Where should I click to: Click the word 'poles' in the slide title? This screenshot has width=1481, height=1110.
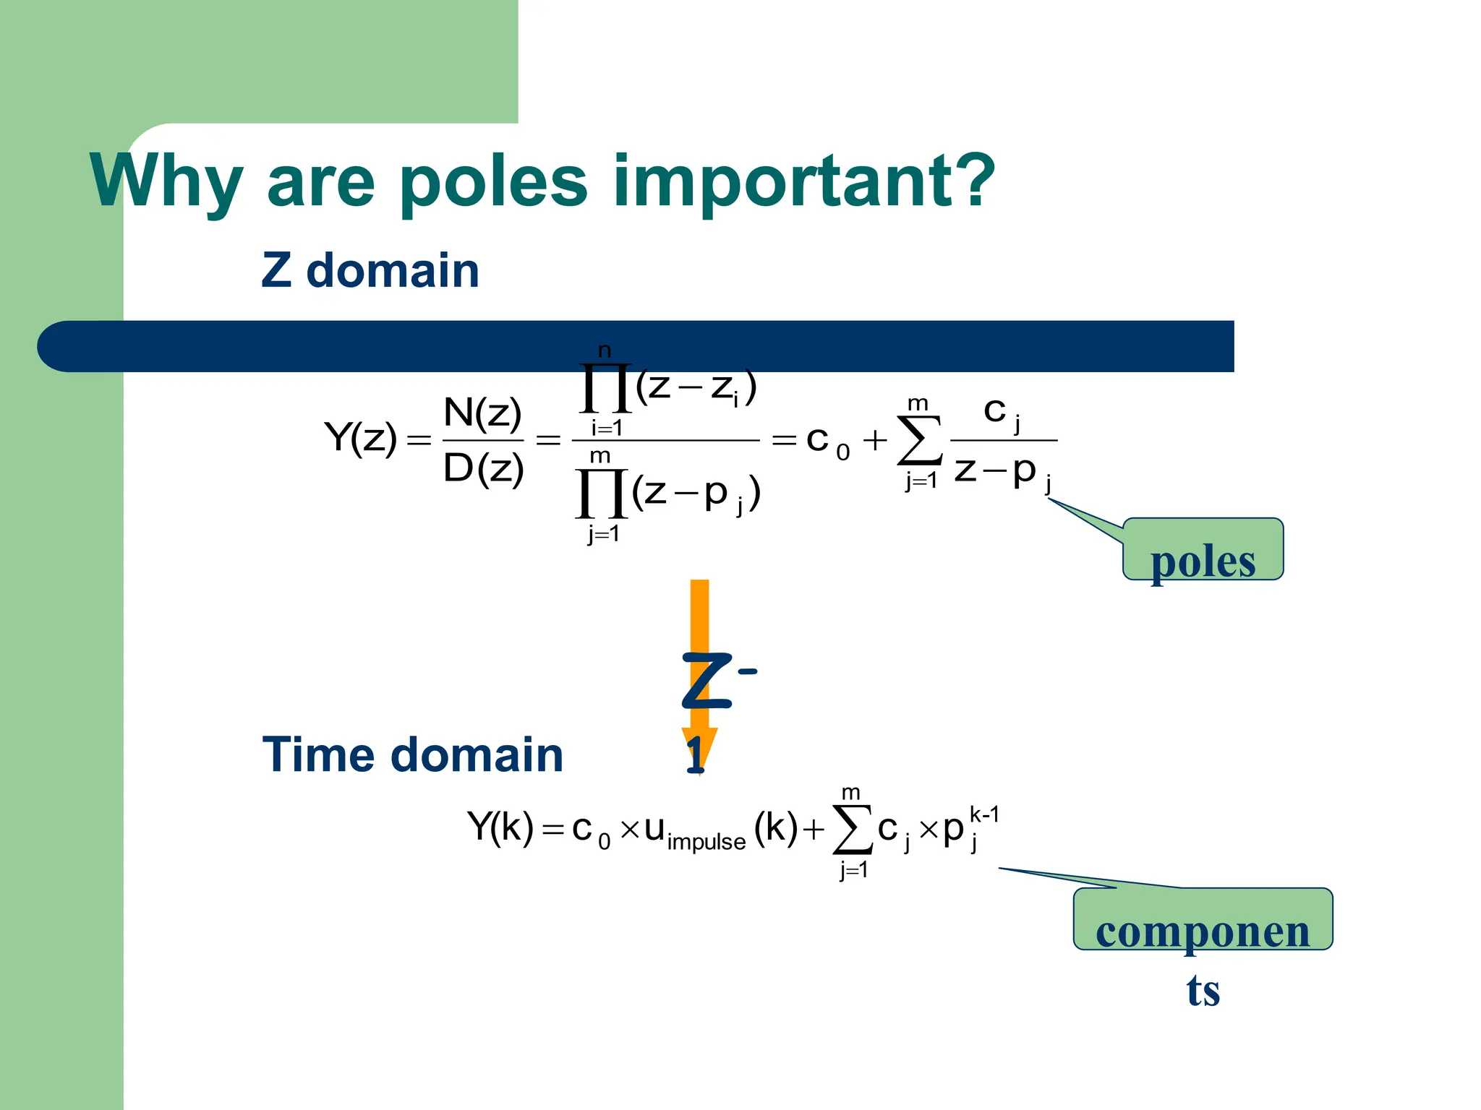492,182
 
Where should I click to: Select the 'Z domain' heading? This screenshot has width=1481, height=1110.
370,270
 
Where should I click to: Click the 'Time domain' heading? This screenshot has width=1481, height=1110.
412,754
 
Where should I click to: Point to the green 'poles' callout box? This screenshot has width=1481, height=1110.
1203,550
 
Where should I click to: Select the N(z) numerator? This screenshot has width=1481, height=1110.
482,413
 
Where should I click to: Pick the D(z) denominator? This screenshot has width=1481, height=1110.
482,468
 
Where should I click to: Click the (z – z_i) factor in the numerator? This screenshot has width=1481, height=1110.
696,387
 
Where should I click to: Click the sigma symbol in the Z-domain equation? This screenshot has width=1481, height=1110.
919,440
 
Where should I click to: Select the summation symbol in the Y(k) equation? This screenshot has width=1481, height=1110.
853,829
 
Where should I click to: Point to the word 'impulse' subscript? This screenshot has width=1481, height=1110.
706,842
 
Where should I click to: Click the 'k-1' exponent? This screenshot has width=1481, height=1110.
984,815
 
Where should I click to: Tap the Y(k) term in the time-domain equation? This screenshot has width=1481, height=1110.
500,827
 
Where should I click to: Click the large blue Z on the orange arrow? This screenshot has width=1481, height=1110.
705,681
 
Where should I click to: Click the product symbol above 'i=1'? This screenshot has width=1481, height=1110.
605,389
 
